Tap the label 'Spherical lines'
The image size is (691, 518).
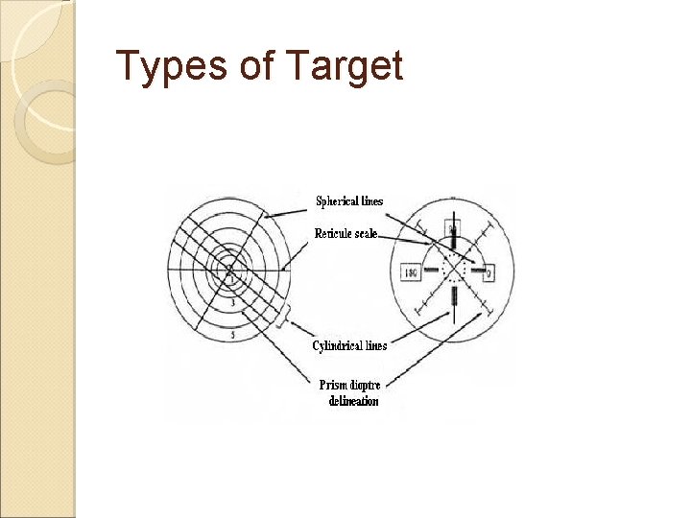349,201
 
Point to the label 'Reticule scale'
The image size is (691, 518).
346,233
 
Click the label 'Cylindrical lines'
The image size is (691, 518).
349,345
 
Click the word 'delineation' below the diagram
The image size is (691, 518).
353,401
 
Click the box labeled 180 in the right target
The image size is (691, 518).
410,272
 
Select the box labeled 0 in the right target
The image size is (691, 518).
488,273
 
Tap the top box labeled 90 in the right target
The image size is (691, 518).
451,228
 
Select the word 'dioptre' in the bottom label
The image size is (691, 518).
366,385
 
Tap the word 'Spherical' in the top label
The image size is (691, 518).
337,201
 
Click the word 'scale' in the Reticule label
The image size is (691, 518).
366,233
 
